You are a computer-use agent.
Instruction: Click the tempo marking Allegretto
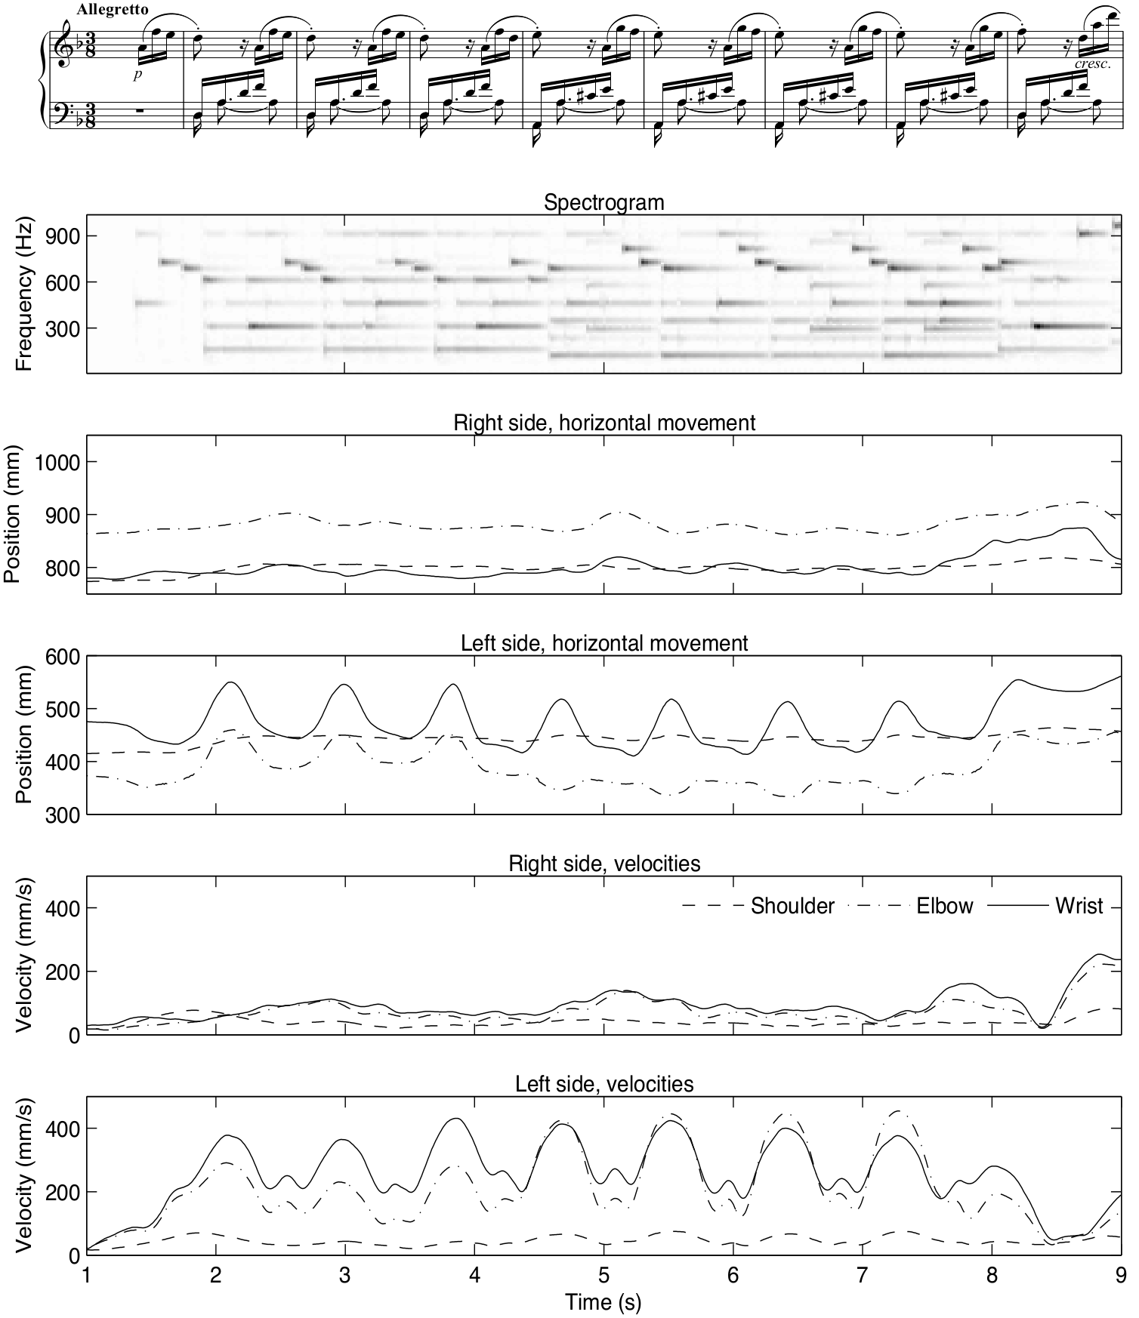(x=113, y=10)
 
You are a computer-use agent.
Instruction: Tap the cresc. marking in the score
(x=1092, y=64)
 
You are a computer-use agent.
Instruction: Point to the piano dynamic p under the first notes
(x=137, y=75)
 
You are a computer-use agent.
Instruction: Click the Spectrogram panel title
(x=603, y=202)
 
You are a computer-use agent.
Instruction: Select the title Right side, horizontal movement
(x=603, y=423)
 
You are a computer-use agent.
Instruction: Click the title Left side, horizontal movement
(x=603, y=643)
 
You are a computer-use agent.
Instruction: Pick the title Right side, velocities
(x=603, y=863)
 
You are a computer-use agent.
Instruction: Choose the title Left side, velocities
(x=603, y=1084)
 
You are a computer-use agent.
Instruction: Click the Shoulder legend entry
(x=792, y=906)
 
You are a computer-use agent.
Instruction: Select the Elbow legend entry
(x=944, y=906)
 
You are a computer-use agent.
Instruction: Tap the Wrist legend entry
(x=1079, y=906)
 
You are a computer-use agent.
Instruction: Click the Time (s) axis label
(x=603, y=1301)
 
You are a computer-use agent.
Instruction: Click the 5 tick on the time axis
(x=603, y=1273)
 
